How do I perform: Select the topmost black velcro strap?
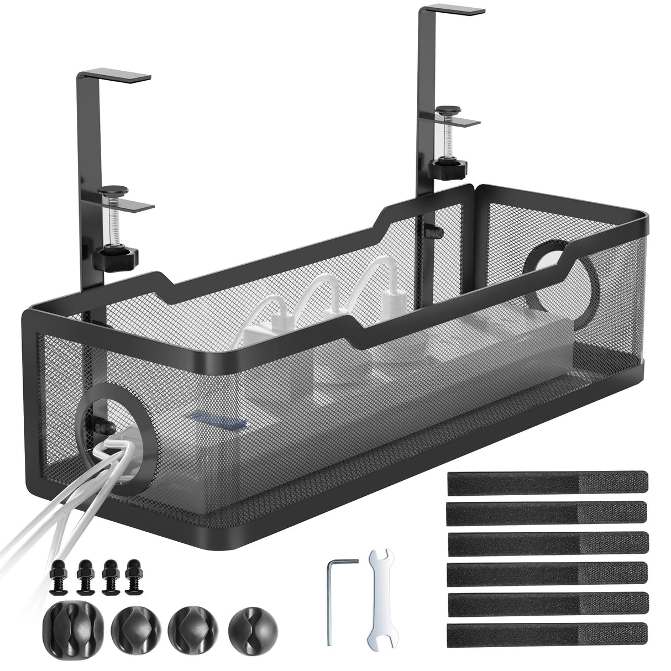[547, 481]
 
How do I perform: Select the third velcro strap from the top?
[547, 542]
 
